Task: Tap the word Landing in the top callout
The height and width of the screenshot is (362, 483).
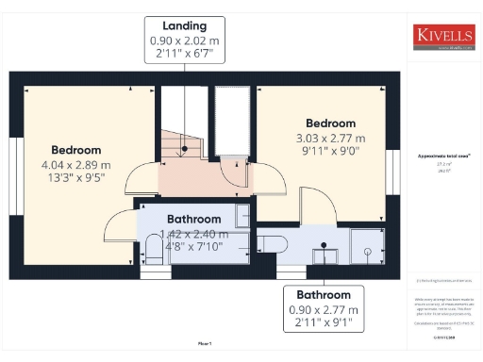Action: coord(186,25)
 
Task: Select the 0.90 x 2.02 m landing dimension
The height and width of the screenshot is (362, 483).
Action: coord(186,41)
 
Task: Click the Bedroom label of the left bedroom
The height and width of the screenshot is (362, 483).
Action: coord(75,150)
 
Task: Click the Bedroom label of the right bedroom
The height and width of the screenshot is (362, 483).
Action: coord(330,123)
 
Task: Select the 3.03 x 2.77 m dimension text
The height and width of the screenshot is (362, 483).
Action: coord(330,138)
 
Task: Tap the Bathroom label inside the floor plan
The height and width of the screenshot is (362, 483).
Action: coord(194,220)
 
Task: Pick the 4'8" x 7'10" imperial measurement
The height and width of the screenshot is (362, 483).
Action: coord(194,248)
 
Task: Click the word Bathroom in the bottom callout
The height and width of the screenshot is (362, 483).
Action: coord(325,294)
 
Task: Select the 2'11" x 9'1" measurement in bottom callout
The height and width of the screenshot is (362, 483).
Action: coord(325,323)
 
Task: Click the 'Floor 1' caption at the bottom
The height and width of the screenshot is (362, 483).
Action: coord(205,344)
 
